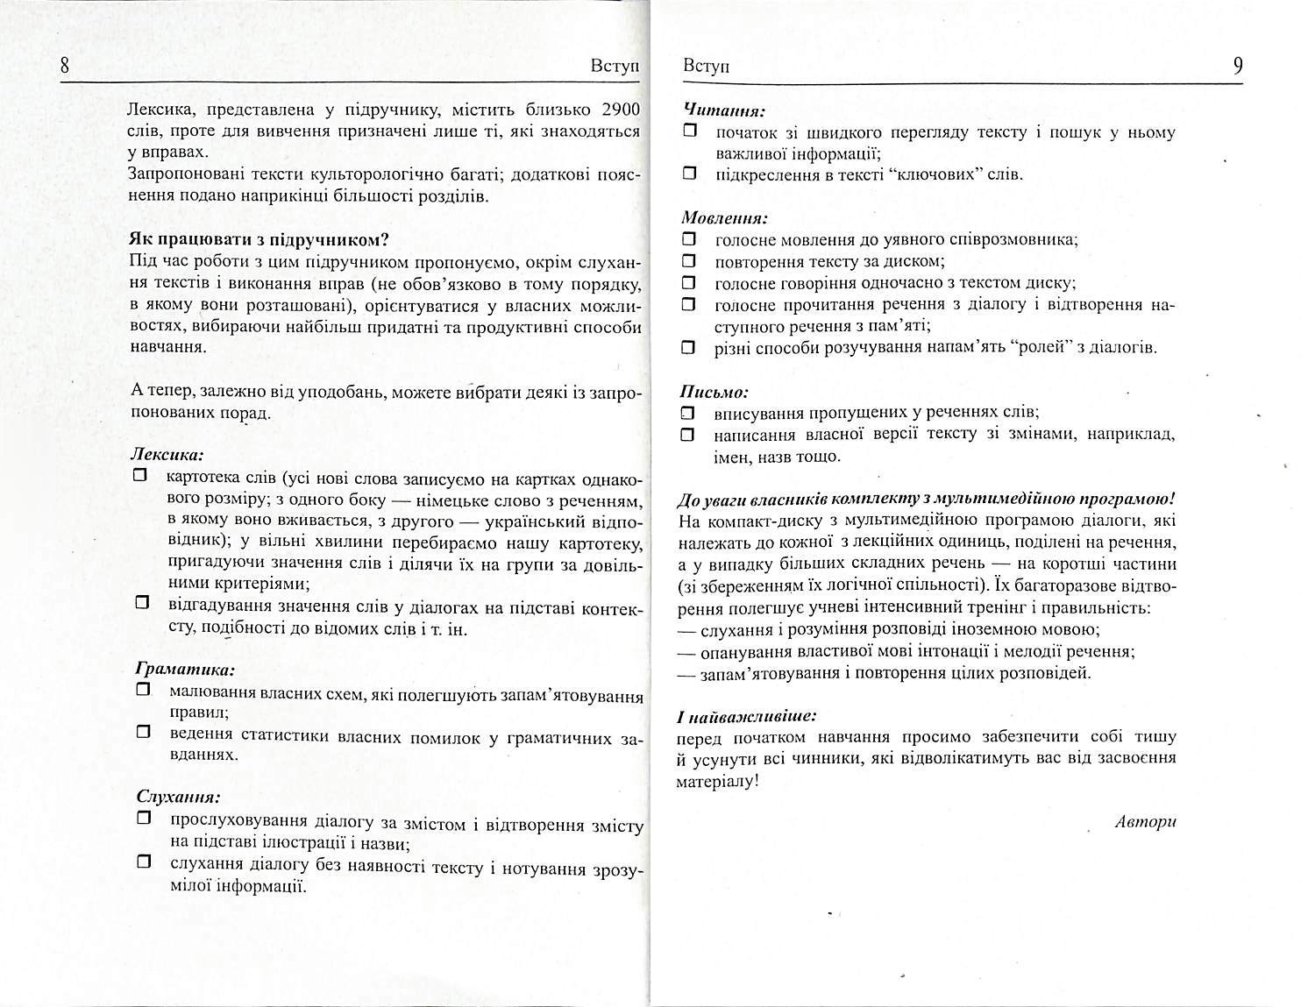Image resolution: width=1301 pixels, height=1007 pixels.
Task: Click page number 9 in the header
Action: pyautogui.click(x=1237, y=67)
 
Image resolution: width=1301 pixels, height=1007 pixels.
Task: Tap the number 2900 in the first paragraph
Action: pyautogui.click(x=621, y=110)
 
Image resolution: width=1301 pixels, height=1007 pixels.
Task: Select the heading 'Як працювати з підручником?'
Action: pyautogui.click(x=259, y=240)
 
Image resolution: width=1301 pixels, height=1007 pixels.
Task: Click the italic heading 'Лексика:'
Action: pyautogui.click(x=167, y=456)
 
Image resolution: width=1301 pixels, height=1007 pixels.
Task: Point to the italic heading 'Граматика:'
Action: pyautogui.click(x=185, y=670)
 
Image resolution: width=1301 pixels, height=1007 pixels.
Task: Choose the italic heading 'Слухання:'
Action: pyautogui.click(x=178, y=798)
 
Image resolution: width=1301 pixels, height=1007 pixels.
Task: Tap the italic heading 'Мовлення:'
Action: pyautogui.click(x=725, y=218)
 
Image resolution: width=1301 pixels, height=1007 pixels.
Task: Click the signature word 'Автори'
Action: pyautogui.click(x=1145, y=821)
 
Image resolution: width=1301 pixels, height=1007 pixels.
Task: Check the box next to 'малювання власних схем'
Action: pyautogui.click(x=144, y=691)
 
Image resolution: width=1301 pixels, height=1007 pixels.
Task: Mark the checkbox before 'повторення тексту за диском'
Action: pyautogui.click(x=689, y=261)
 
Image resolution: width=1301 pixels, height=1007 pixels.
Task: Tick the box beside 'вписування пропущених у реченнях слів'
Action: pyautogui.click(x=689, y=412)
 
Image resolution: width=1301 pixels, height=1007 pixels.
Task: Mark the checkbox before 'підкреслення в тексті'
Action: pyautogui.click(x=689, y=174)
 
